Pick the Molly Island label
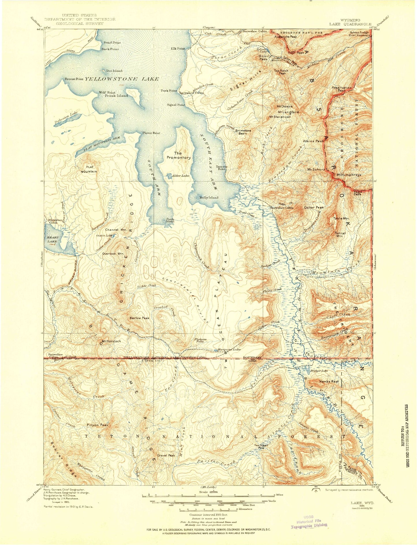point(209,198)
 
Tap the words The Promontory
point(178,156)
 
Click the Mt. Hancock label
point(111,341)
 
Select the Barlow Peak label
point(140,318)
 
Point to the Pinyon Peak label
point(98,425)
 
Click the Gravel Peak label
point(166,455)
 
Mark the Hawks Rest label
point(329,381)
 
